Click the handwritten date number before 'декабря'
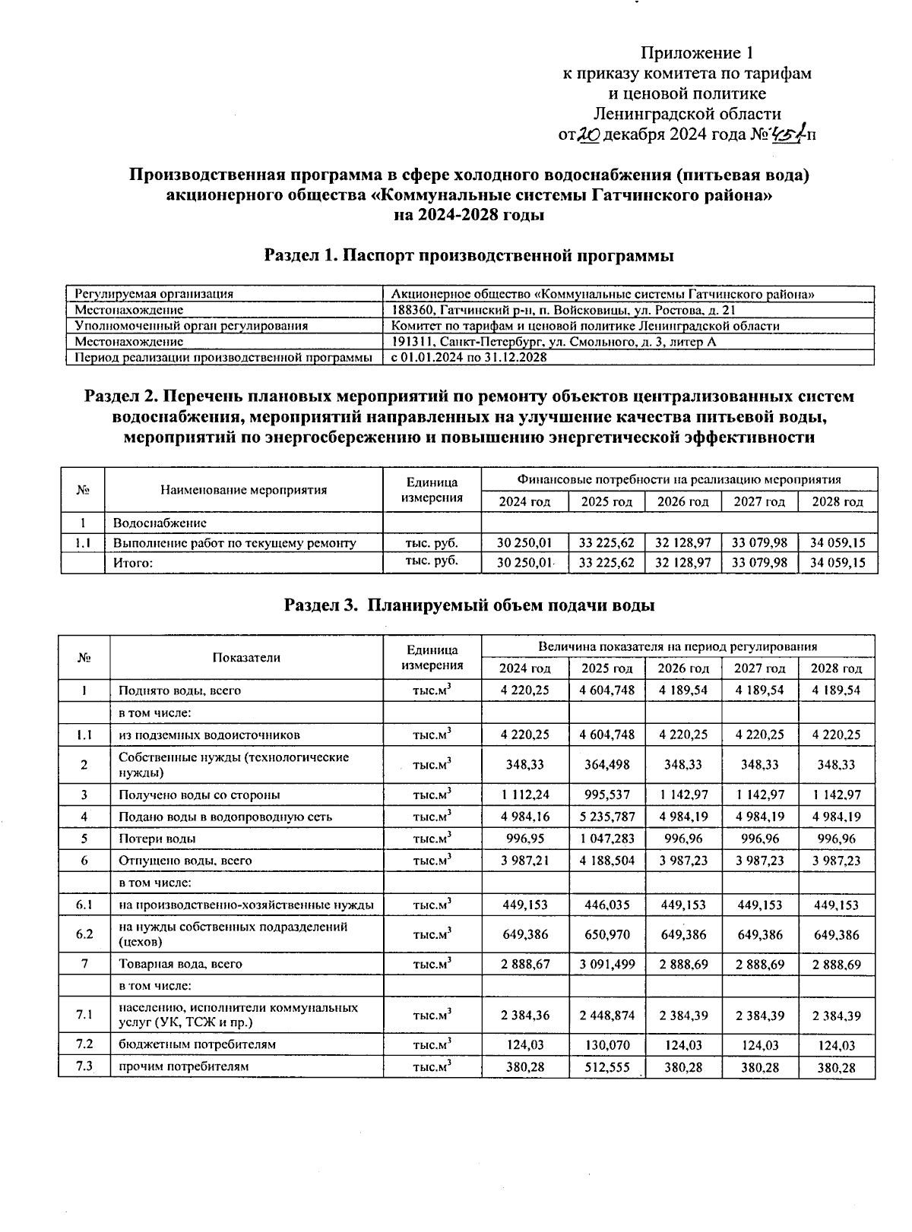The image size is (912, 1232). click(589, 135)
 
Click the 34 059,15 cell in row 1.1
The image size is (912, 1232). click(838, 543)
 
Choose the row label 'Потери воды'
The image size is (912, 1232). click(157, 839)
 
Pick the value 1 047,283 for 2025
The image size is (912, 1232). click(606, 839)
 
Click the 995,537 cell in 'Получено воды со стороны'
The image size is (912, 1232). click(606, 794)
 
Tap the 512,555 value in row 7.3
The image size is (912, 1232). click(606, 1066)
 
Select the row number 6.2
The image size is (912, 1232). click(84, 934)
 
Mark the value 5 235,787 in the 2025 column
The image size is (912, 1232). click(606, 817)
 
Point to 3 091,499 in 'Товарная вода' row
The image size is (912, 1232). click(606, 964)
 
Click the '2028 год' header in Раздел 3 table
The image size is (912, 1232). click(837, 668)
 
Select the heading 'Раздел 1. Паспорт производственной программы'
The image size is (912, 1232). click(469, 255)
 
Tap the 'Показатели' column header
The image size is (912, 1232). click(246, 658)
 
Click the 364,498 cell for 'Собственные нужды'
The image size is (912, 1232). click(606, 765)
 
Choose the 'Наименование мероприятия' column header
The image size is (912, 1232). click(243, 490)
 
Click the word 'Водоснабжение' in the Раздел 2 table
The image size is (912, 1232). click(160, 523)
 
